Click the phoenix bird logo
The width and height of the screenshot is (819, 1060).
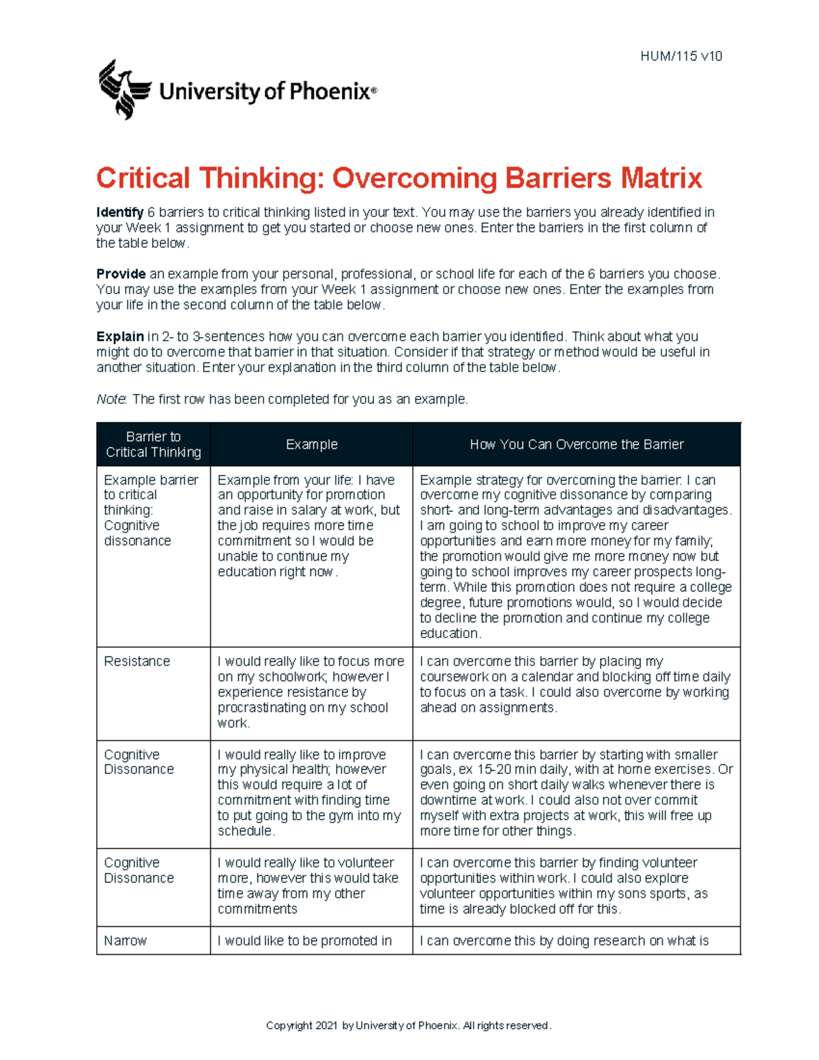(x=124, y=89)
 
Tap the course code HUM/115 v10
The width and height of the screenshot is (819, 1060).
(x=680, y=57)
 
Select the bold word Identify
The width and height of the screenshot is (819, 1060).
(x=119, y=212)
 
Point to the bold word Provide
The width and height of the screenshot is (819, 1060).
(x=121, y=274)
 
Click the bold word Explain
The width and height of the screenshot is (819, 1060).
(x=119, y=336)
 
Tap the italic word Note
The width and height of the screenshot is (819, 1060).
(x=111, y=399)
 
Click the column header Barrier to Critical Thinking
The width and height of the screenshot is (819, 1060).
(x=154, y=444)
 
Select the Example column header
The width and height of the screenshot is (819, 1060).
(x=311, y=444)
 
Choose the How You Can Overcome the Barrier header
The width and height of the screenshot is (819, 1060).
(x=577, y=444)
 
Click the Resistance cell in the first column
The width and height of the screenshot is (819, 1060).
(x=137, y=661)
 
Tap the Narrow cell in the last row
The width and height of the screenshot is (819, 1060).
(x=126, y=941)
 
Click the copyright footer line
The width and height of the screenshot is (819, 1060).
(x=409, y=1025)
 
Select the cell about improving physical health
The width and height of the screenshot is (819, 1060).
(x=311, y=792)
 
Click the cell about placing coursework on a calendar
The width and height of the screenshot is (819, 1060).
(x=575, y=685)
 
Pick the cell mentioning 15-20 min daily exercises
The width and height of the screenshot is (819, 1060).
(x=575, y=792)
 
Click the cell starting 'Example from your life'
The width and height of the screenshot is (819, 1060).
(x=311, y=526)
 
